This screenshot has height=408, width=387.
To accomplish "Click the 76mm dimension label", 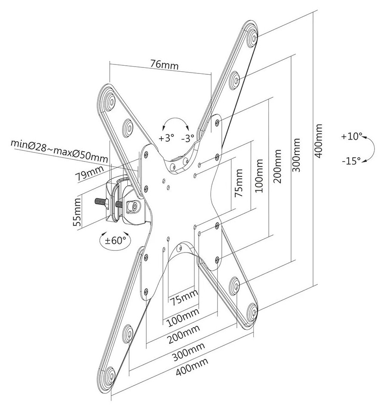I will click(x=164, y=65).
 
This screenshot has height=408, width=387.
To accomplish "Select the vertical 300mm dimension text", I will click(x=296, y=154).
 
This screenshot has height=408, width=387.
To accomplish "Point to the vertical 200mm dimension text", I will click(x=277, y=166).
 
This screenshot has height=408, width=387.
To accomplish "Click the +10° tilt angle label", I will click(x=351, y=137).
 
